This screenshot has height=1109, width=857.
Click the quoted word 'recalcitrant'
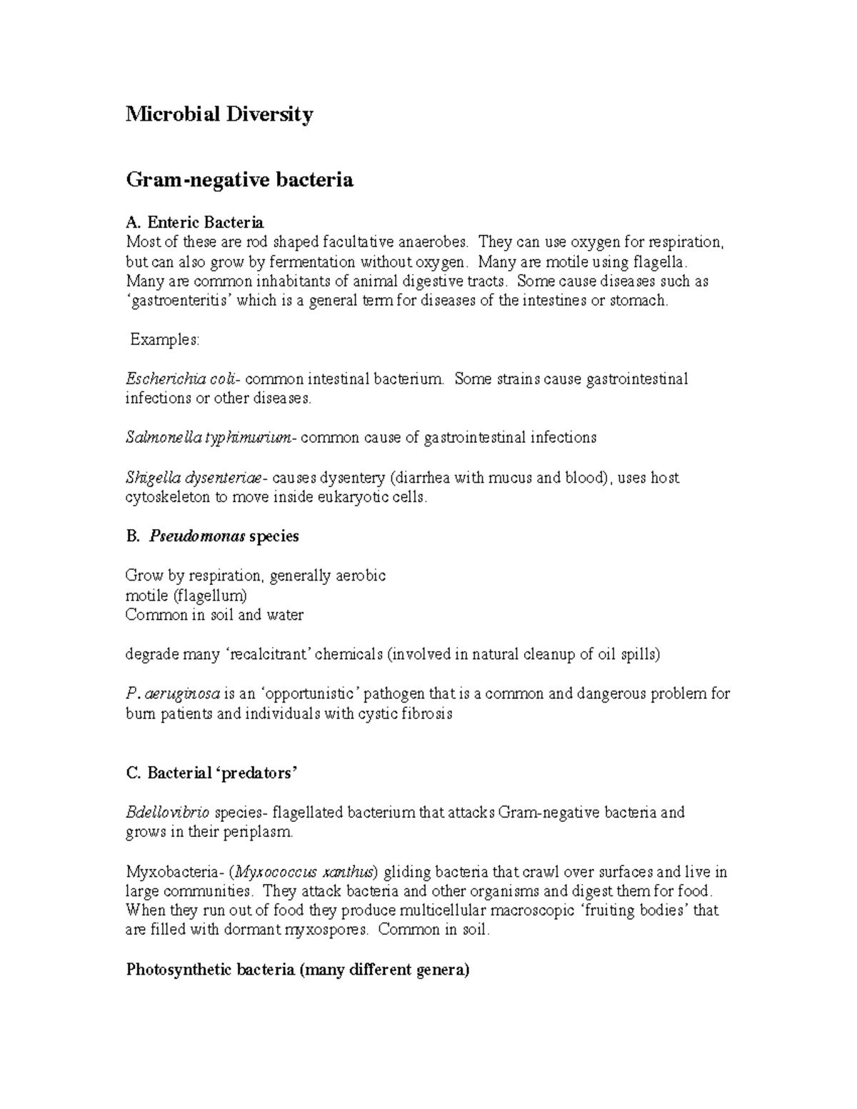point(268,654)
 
